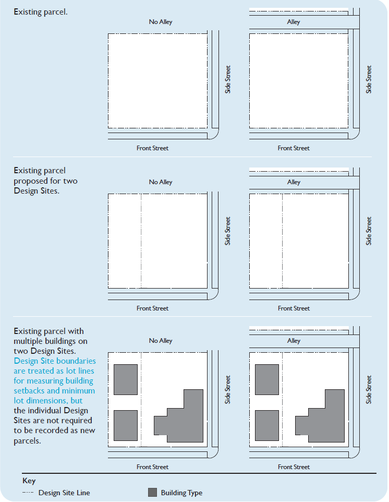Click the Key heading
pos(29,481)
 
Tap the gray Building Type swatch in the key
pos(152,493)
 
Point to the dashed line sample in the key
pos(28,493)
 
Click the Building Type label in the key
pos(181,493)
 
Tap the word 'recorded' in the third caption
pos(55,431)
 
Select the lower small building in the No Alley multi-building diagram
pos(125,425)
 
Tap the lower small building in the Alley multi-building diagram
pos(266,425)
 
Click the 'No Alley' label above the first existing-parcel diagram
pos(160,22)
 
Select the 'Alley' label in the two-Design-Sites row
pos(294,182)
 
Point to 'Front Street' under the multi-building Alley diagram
pos(294,467)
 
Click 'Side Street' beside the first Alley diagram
pos(369,79)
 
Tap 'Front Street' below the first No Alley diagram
pos(152,148)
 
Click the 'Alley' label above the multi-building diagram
pos(294,341)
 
